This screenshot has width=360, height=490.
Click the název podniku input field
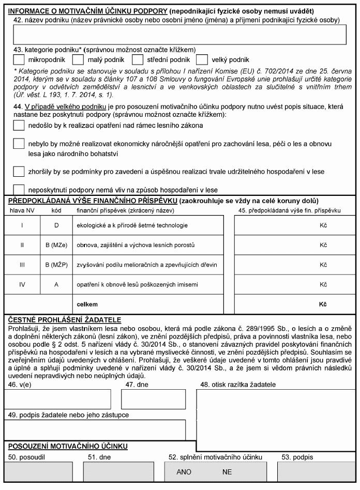179,35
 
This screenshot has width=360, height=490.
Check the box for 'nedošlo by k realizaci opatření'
19,125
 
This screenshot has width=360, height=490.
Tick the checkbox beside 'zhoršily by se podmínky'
19,171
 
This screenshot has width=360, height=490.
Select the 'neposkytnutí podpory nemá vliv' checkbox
19,190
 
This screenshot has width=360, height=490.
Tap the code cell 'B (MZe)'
55,245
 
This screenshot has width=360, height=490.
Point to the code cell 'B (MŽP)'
55,265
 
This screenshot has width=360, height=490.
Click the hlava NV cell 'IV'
22,284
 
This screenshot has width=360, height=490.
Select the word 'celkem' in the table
87,304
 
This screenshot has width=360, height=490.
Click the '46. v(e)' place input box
57,399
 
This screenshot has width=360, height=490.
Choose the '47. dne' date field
153,399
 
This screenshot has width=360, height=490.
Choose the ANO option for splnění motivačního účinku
184,472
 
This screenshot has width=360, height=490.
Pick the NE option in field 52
227,472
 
